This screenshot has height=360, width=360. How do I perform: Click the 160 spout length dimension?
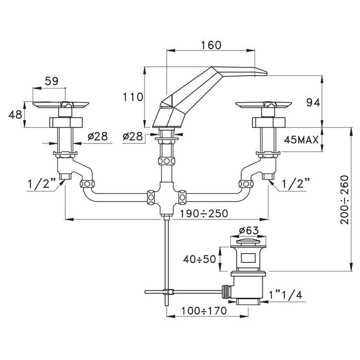(x=211, y=45)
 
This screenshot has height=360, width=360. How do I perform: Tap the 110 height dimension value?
(x=133, y=97)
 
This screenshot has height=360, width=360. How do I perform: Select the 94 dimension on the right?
(x=313, y=103)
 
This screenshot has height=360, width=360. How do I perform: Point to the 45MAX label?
(x=301, y=140)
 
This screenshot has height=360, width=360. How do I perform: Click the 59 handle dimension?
(x=51, y=81)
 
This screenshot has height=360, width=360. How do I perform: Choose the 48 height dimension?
(x=15, y=114)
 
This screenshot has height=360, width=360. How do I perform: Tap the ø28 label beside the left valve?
(x=98, y=137)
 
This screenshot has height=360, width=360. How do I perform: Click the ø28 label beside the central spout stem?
(x=133, y=137)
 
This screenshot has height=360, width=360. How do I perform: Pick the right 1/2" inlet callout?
(x=296, y=184)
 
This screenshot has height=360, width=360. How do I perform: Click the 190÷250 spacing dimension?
(x=204, y=213)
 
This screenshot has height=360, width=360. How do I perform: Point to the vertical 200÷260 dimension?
(x=345, y=200)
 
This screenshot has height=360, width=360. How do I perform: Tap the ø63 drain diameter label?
(x=248, y=230)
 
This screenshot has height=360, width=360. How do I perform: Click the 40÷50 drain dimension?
(x=200, y=259)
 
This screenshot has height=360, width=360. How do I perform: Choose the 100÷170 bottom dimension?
(x=204, y=311)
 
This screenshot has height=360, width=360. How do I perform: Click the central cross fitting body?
(x=166, y=197)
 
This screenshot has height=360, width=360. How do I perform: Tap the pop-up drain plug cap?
(x=248, y=242)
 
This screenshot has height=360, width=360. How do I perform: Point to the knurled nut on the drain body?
(x=226, y=292)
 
